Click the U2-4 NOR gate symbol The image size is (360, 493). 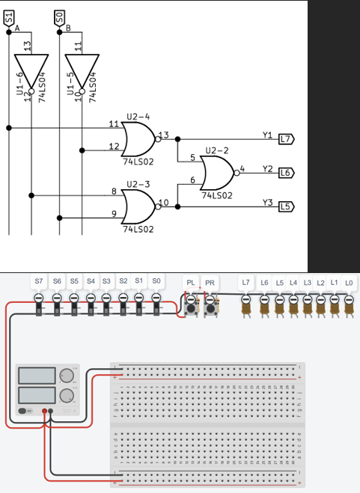(x=138, y=138)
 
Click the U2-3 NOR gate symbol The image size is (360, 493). (x=138, y=203)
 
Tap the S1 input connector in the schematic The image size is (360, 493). (x=9, y=14)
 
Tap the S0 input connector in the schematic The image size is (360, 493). (x=59, y=14)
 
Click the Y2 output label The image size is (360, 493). (x=267, y=168)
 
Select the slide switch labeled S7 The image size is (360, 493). (x=39, y=303)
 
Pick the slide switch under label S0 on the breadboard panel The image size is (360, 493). (x=156, y=303)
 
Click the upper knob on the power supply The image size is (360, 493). (x=67, y=375)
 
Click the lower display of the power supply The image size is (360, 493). (x=36, y=394)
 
